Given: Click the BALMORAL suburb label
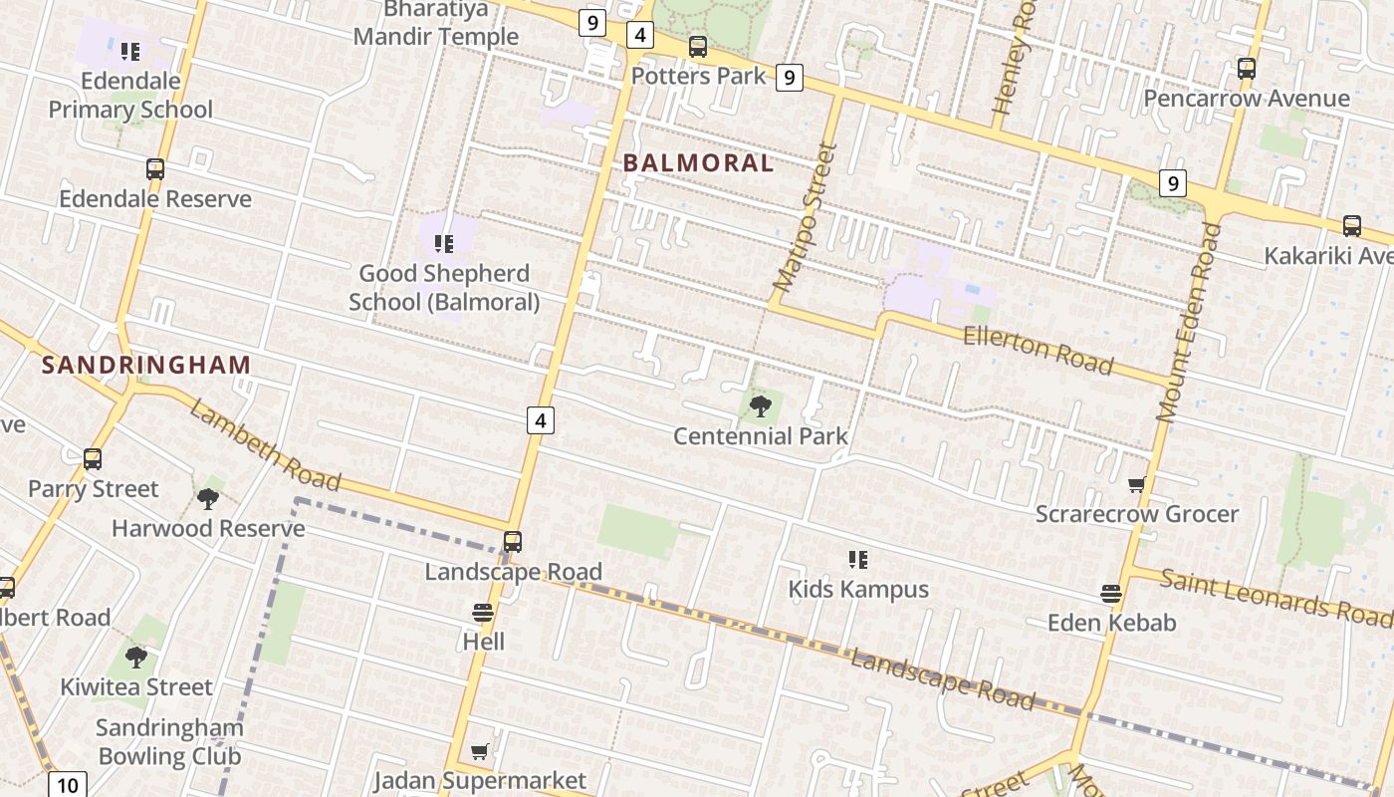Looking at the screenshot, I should (698, 163).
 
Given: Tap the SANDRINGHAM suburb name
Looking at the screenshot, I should (146, 365).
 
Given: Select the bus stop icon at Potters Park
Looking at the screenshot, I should (698, 47).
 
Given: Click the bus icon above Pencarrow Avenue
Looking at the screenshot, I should (1246, 69).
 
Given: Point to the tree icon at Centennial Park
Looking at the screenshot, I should (760, 406).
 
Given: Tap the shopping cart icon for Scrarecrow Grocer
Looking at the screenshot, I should (1136, 485).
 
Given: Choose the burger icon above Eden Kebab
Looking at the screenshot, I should (1111, 594).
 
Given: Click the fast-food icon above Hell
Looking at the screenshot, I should (483, 613).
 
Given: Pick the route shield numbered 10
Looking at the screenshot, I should (67, 785).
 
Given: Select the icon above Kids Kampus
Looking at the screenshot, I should (857, 560).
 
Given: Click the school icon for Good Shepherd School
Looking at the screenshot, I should (444, 243).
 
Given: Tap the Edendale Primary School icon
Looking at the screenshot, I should (130, 51).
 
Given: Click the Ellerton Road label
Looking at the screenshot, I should (1038, 349).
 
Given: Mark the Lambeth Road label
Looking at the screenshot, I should (265, 445).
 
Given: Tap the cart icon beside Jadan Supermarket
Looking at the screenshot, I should (480, 751).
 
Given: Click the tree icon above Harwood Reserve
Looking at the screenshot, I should (207, 498).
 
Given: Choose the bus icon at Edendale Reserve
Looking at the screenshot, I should (155, 169).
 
